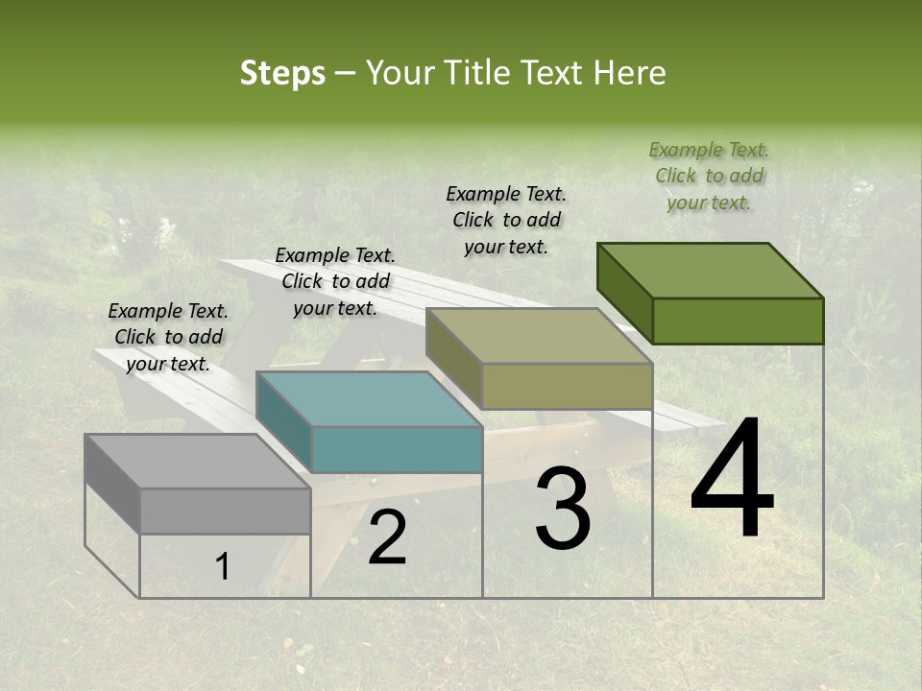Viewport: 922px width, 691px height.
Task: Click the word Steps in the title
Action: point(282,73)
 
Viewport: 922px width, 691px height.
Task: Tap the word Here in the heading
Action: point(631,73)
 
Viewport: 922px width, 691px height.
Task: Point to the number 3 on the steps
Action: point(563,509)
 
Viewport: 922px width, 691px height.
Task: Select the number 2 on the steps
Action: point(387,538)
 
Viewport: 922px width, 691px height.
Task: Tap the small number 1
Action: point(222,567)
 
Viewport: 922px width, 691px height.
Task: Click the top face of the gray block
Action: point(197,462)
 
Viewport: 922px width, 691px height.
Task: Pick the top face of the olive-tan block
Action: point(539,336)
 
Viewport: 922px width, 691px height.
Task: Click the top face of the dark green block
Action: point(710,271)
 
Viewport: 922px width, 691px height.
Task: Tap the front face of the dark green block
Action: point(738,321)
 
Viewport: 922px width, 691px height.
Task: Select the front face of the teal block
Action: point(397,449)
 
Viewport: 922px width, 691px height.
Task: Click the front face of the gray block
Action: point(226,511)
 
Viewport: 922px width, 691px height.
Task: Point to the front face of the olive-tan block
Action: point(567,386)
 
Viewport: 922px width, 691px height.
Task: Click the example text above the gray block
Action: point(168,337)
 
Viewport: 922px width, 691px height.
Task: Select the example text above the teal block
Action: point(335,281)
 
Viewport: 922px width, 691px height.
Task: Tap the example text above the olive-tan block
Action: point(506,220)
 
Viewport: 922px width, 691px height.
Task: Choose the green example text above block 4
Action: point(709,176)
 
